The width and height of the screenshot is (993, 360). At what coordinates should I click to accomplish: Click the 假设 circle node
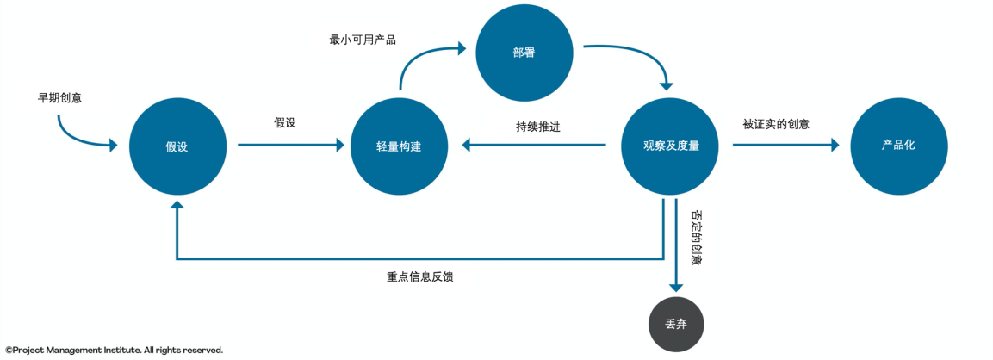click(177, 146)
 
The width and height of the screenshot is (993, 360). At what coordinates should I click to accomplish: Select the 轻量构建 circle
click(399, 146)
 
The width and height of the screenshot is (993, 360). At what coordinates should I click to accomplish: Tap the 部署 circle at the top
click(524, 52)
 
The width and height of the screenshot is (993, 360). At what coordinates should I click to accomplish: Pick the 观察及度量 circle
click(670, 146)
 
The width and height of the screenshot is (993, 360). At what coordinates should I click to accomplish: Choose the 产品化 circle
click(898, 145)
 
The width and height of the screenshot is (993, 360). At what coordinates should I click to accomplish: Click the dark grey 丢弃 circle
click(676, 325)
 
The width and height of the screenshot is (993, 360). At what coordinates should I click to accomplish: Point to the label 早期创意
click(59, 97)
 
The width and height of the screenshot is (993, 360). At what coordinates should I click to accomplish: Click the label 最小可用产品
click(363, 40)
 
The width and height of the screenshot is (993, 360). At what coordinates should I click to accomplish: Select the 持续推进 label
click(538, 126)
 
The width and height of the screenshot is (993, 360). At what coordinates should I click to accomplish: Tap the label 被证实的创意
click(776, 124)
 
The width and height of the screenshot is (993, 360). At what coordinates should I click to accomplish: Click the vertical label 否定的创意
click(696, 237)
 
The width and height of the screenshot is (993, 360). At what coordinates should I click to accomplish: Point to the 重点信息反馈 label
click(420, 277)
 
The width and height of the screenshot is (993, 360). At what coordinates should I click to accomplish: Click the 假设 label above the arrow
click(285, 123)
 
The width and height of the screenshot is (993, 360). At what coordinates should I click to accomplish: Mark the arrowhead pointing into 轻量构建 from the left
click(339, 146)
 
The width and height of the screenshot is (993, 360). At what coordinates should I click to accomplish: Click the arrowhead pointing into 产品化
click(834, 146)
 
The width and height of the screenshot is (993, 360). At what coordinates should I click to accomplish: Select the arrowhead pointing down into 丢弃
click(676, 285)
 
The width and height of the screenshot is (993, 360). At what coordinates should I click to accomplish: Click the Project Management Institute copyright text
click(114, 351)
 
